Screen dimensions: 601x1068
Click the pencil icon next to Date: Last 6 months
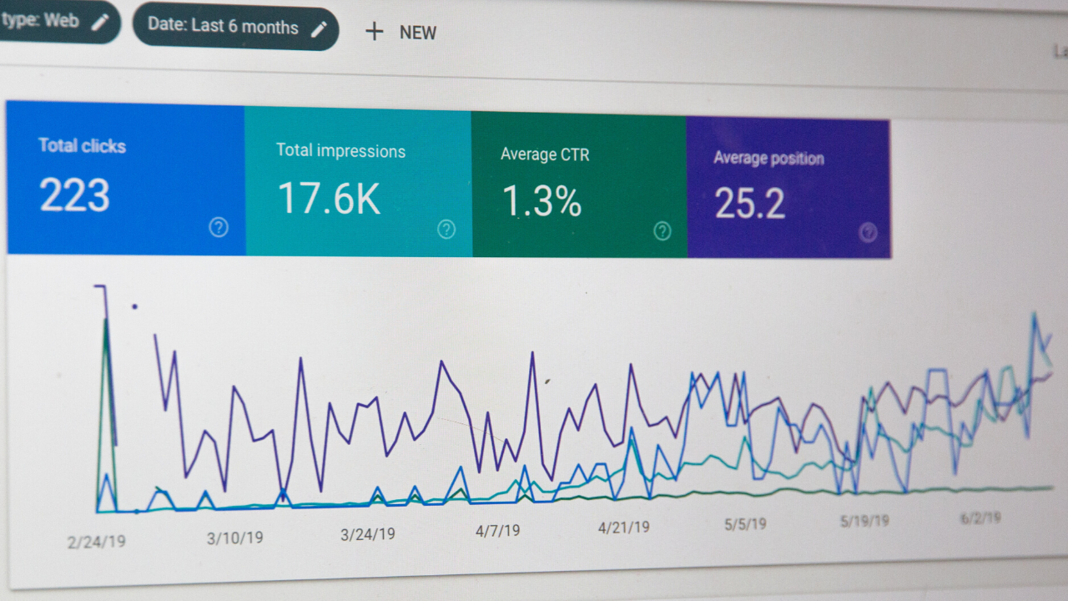pos(319,29)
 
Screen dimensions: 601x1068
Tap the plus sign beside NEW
pos(375,32)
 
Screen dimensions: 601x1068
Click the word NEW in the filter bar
pos(418,33)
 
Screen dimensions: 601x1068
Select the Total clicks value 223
pos(74,195)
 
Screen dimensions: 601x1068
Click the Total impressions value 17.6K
pos(329,199)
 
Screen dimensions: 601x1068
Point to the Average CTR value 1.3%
pos(542,201)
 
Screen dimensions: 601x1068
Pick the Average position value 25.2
pos(749,204)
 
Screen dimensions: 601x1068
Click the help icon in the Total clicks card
pos(219,227)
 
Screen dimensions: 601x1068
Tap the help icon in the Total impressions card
pos(446,230)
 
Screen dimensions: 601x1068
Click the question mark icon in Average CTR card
pos(662,231)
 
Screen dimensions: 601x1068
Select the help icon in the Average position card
pos(868,233)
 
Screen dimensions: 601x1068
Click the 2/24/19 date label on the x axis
pos(97,542)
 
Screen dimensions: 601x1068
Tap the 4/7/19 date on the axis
pos(497,530)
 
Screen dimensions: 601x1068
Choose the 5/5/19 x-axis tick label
pos(745,524)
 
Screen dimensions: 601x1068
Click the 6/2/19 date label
pos(980,518)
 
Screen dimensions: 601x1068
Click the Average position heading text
pos(768,158)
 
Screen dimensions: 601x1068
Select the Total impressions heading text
pos(340,151)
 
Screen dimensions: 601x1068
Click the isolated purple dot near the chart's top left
pos(134,306)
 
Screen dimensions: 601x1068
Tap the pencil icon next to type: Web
pos(100,22)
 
